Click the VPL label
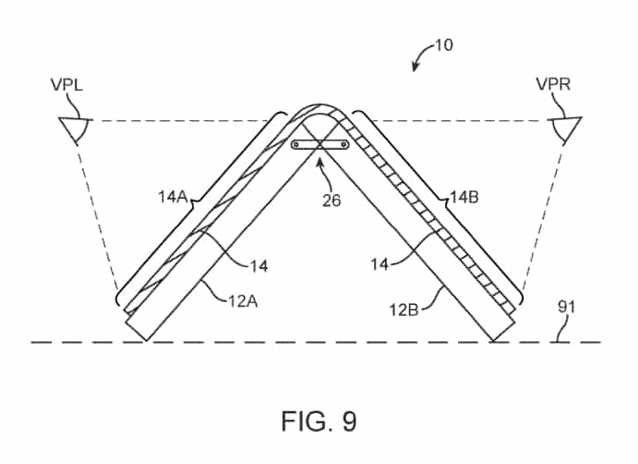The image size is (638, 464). [66, 85]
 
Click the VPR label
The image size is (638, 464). [553, 84]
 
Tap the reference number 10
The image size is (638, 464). [444, 44]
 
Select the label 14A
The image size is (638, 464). [173, 197]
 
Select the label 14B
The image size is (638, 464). [464, 198]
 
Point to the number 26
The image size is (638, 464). [331, 201]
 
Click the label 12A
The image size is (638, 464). [243, 301]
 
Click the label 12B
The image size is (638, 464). [403, 310]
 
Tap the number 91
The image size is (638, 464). [566, 307]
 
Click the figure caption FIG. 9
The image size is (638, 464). [319, 421]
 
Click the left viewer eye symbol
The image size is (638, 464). [75, 129]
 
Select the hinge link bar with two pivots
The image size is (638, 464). [320, 144]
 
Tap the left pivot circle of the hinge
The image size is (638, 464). [295, 144]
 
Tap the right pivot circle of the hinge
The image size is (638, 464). [344, 144]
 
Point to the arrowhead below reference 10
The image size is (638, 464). [415, 67]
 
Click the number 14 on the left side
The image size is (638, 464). [259, 266]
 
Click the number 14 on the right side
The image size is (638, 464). [379, 265]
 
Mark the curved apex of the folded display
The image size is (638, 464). [319, 106]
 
